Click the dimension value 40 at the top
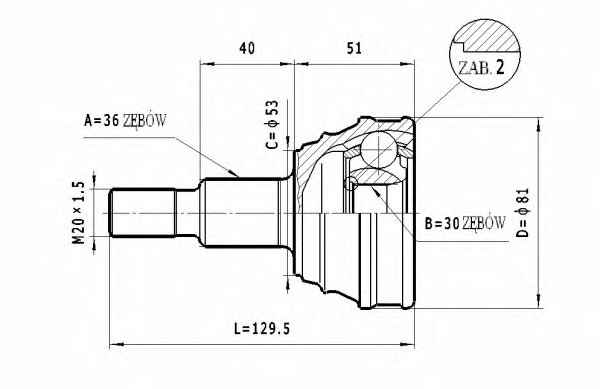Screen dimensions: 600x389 tap(247, 48)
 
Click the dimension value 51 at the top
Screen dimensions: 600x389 tap(354, 48)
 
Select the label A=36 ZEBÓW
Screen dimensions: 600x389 tap(126, 121)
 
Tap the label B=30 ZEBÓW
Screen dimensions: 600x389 tap(465, 223)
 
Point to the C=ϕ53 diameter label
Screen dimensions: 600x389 tap(272, 125)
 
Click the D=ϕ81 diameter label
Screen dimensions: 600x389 tap(522, 213)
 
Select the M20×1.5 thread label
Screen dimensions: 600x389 tap(78, 213)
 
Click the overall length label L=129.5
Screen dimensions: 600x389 tap(262, 329)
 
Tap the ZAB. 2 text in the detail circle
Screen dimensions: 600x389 tap(481, 68)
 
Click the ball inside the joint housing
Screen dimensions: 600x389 tap(378, 150)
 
